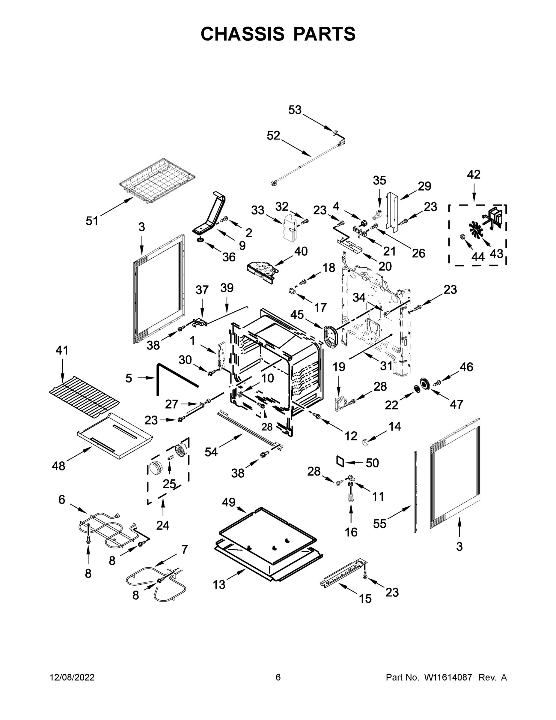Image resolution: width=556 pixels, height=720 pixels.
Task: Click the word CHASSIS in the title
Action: pyautogui.click(x=242, y=34)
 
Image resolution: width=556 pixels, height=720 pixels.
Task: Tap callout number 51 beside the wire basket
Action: pyautogui.click(x=92, y=221)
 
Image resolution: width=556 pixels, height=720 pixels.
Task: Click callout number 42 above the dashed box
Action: pyautogui.click(x=474, y=175)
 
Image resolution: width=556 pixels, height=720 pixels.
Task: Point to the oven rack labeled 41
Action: pyautogui.click(x=84, y=396)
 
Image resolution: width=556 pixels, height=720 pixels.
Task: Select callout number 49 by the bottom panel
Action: pyautogui.click(x=228, y=502)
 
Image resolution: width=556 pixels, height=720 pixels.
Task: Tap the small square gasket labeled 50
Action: pyautogui.click(x=340, y=461)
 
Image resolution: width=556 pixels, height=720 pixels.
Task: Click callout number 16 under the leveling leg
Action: pyautogui.click(x=351, y=532)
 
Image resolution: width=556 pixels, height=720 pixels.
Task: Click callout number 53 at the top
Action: pyautogui.click(x=295, y=110)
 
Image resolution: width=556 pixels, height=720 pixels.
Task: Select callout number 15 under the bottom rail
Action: pyautogui.click(x=365, y=598)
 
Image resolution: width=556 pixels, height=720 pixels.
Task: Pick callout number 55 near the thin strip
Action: pyautogui.click(x=379, y=523)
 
